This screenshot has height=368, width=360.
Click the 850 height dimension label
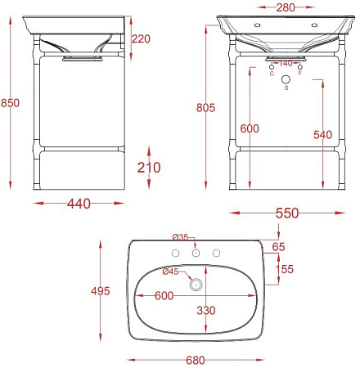[x=10, y=103]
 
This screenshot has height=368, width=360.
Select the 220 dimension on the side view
[x=141, y=39]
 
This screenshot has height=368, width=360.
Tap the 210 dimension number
[x=149, y=168]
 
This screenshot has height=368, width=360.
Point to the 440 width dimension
[x=79, y=204]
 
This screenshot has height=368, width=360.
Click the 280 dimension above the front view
[x=286, y=7]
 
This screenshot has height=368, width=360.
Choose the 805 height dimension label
[x=205, y=108]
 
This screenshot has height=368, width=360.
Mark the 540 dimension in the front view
[x=322, y=135]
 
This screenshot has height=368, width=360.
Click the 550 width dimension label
[x=287, y=213]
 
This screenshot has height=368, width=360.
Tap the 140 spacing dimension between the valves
[x=286, y=64]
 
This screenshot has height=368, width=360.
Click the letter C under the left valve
[x=272, y=74]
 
